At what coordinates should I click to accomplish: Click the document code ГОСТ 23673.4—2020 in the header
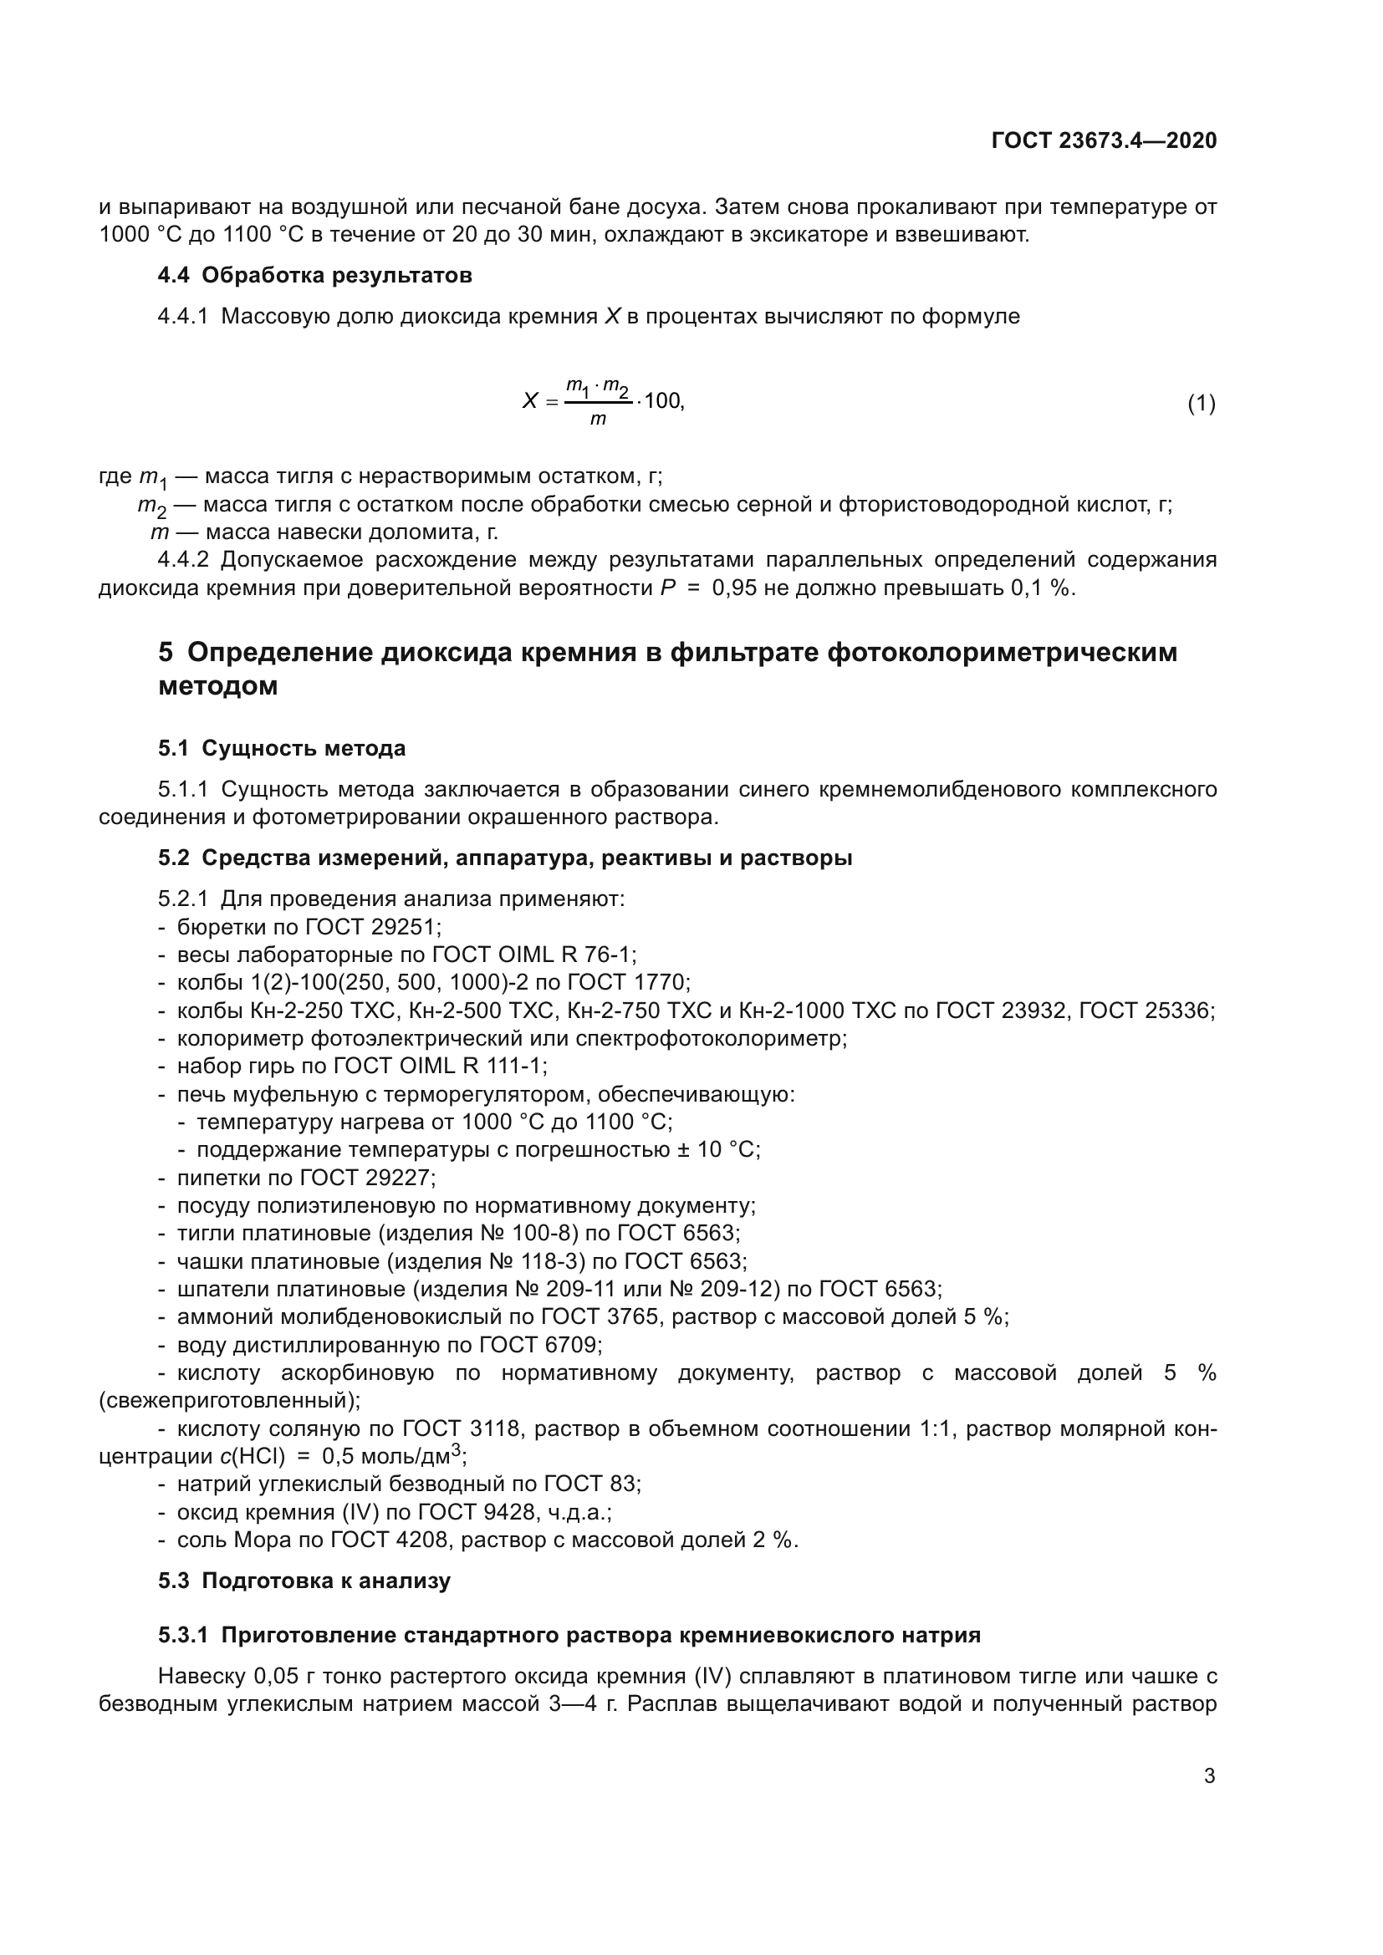coord(1104,140)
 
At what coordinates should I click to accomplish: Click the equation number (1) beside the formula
coord(1201,403)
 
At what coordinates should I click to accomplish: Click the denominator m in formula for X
coord(598,419)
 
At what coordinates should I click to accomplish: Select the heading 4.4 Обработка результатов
coord(315,275)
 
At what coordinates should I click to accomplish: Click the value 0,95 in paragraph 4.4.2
coord(734,588)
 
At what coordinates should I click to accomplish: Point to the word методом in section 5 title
coord(218,686)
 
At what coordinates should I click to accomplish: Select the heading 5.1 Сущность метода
coord(282,748)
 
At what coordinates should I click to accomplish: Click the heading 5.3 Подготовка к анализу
coord(304,1581)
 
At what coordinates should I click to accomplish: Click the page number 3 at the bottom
coord(1209,1776)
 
